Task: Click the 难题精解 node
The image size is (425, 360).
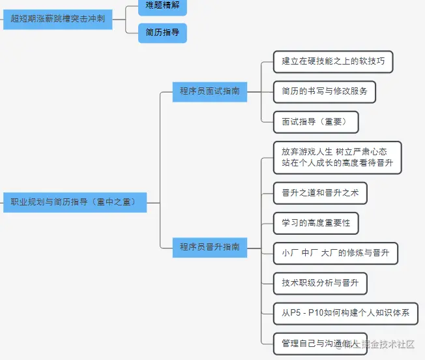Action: [x=162, y=6]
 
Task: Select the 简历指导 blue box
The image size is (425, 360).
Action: [x=162, y=33]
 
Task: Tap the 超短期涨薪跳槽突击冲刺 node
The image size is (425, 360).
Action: [x=57, y=20]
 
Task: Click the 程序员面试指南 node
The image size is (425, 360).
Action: [x=209, y=91]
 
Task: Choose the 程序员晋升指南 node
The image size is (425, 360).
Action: [x=209, y=247]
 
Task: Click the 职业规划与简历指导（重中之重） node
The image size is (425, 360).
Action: [x=74, y=202]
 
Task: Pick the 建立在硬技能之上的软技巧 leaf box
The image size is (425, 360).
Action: [x=333, y=62]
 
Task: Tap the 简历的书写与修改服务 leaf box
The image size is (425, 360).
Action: [x=325, y=91]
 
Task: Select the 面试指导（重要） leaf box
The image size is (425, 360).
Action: [x=315, y=121]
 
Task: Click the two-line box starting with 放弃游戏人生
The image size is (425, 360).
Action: [x=337, y=157]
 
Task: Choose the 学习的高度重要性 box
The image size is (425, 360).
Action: [x=315, y=222]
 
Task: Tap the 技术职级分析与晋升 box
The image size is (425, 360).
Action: [x=320, y=282]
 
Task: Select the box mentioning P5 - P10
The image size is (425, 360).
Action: [x=345, y=313]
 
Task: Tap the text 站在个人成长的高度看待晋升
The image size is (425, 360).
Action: [x=337, y=163]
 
